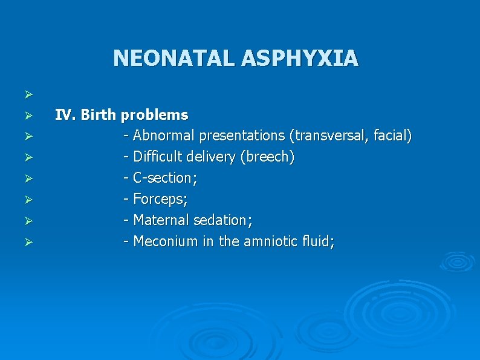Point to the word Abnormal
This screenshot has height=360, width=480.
pyautogui.click(x=160, y=136)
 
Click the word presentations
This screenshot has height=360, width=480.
pyautogui.click(x=236, y=136)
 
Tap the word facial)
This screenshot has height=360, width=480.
pyautogui.click(x=391, y=136)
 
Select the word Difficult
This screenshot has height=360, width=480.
pyautogui.click(x=156, y=157)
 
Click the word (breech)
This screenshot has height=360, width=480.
pyautogui.click(x=267, y=157)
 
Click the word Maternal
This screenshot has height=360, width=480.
pyautogui.click(x=159, y=221)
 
